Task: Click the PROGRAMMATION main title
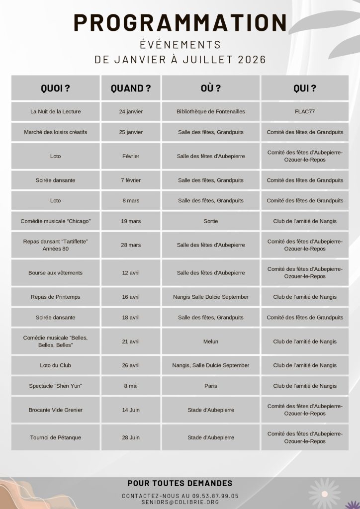[x=180, y=23]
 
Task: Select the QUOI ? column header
[x=55, y=88]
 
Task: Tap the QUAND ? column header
[x=131, y=88]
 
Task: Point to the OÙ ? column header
[x=211, y=88]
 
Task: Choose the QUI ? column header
[x=305, y=88]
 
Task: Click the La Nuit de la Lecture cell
[x=55, y=111]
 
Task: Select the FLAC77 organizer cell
[x=305, y=111]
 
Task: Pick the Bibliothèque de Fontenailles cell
[x=211, y=111]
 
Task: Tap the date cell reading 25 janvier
[x=131, y=132]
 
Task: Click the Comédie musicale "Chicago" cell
[x=55, y=221]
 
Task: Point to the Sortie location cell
[x=211, y=221]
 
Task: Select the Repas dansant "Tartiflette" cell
[x=55, y=245]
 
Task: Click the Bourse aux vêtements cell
[x=55, y=272]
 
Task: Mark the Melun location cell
[x=211, y=341]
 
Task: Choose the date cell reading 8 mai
[x=131, y=386]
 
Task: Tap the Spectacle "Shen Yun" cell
[x=55, y=386]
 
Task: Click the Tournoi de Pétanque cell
[x=55, y=437]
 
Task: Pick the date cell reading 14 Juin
[x=131, y=410]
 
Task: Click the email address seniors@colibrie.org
[x=180, y=502]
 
